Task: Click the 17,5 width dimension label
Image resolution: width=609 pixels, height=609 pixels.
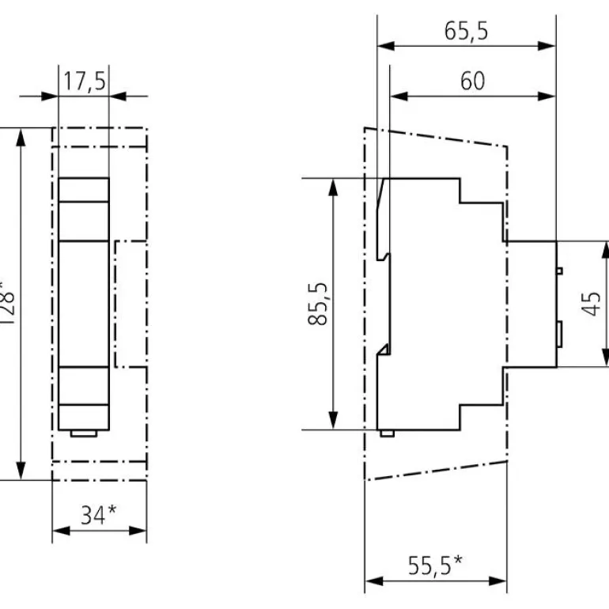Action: click(x=84, y=82)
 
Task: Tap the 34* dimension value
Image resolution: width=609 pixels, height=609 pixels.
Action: click(x=99, y=516)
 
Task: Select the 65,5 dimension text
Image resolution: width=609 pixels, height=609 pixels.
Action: click(x=467, y=32)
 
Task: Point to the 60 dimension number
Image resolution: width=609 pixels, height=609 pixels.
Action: click(x=473, y=81)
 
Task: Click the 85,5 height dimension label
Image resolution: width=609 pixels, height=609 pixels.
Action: click(x=317, y=304)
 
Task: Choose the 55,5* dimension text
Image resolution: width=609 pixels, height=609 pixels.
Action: click(x=435, y=567)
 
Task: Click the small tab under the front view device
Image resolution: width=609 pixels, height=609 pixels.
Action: click(x=84, y=433)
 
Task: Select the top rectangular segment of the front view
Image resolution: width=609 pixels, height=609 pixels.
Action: click(x=84, y=190)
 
